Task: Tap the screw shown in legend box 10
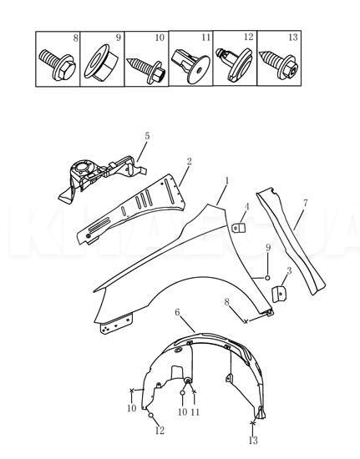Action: pos(145,64)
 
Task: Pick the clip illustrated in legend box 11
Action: pos(190,64)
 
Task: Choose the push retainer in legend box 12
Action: pos(234,64)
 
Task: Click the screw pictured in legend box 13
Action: pos(277,64)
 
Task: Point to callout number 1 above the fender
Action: pos(226,181)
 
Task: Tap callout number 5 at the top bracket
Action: pos(148,135)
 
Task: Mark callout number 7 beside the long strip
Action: pos(306,202)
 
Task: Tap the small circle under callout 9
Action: pos(267,276)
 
